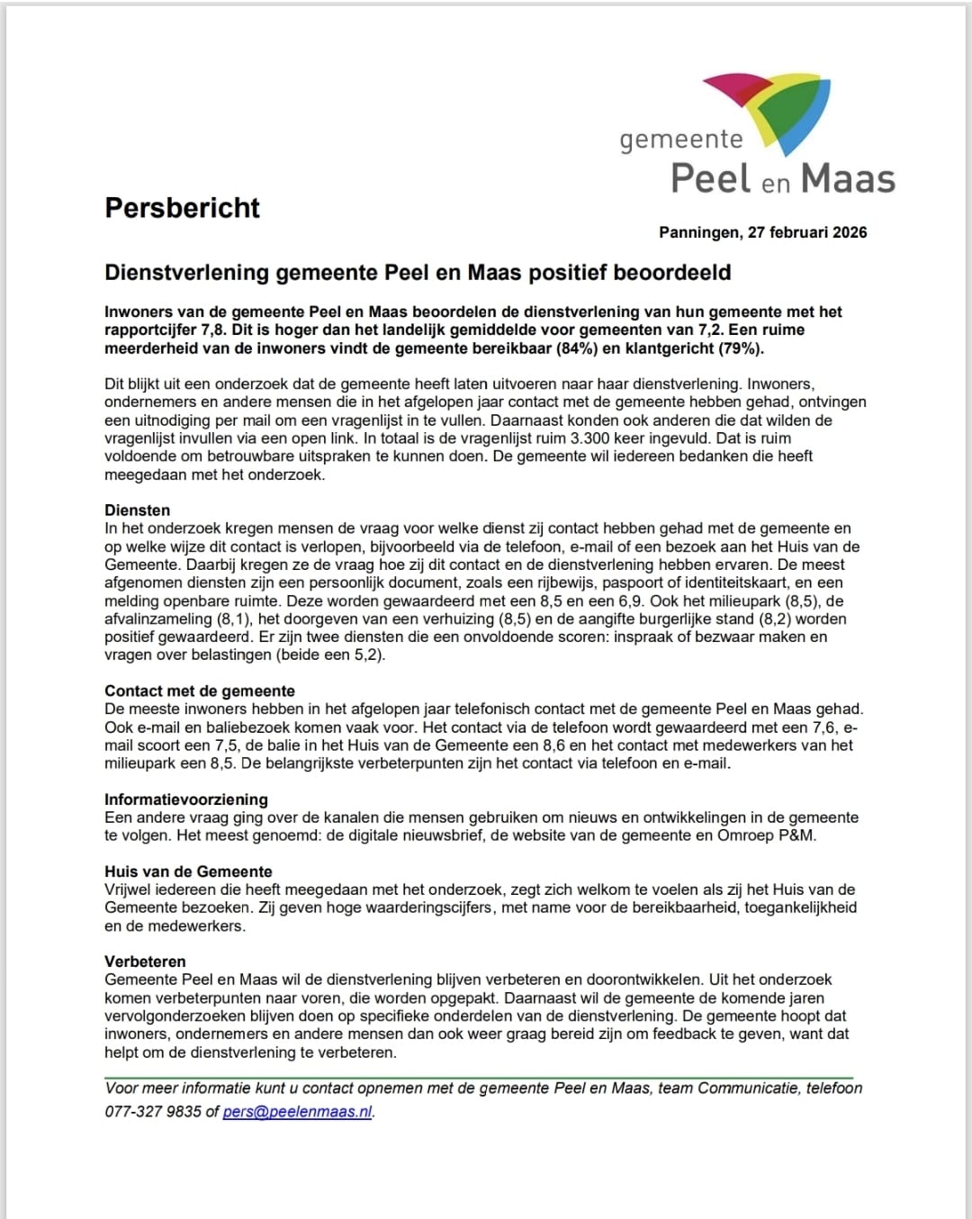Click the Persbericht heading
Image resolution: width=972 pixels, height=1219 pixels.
tap(182, 208)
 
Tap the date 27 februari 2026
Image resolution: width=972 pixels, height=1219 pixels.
tap(807, 232)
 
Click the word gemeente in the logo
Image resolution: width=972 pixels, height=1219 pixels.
tap(681, 140)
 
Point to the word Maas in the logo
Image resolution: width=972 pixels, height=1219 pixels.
tap(848, 179)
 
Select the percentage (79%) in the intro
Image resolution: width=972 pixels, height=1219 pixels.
tap(739, 348)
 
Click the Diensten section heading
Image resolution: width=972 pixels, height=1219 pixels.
tap(137, 510)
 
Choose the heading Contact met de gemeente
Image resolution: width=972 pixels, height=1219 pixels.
tap(200, 691)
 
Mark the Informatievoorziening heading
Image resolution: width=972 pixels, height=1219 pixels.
tap(186, 799)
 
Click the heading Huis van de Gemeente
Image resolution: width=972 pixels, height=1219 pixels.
tap(188, 871)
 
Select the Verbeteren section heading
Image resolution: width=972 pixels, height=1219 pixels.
tap(145, 962)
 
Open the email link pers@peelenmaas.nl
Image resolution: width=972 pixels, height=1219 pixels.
tap(297, 1112)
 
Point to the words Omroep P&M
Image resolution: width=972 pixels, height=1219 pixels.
tap(766, 835)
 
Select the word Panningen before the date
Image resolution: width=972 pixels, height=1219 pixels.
tap(699, 232)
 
